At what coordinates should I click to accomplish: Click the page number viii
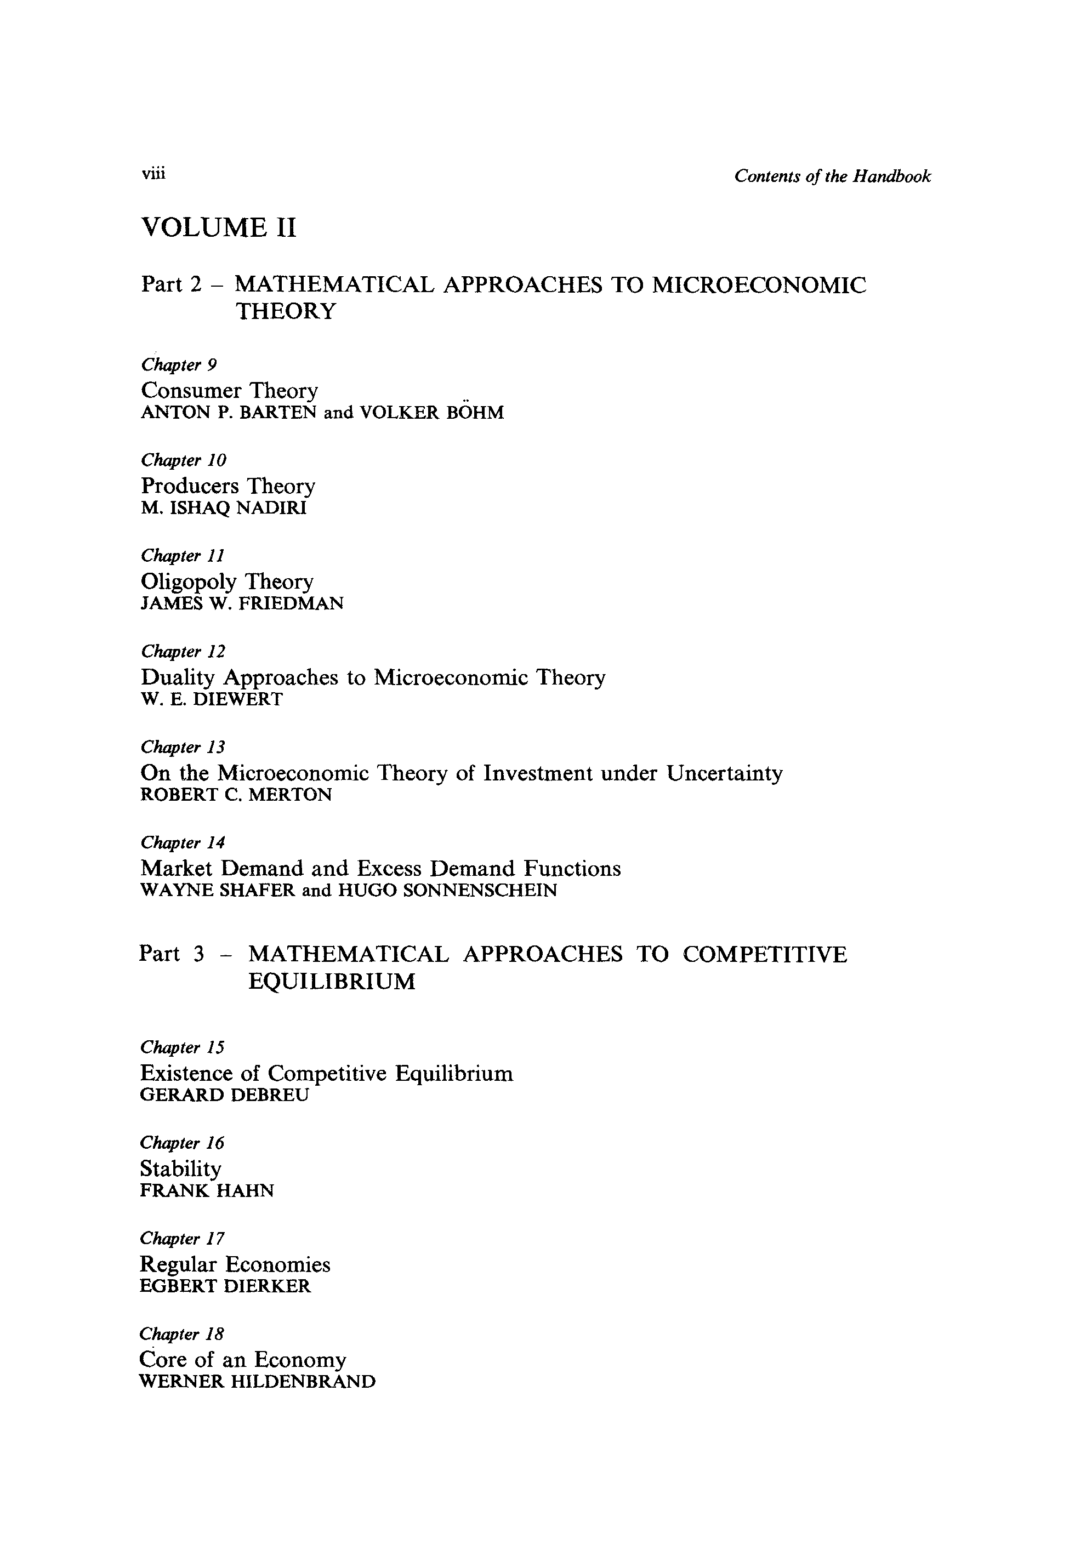pyautogui.click(x=153, y=174)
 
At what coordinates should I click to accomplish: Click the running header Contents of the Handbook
pyautogui.click(x=832, y=177)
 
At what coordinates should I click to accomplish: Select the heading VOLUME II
pyautogui.click(x=219, y=228)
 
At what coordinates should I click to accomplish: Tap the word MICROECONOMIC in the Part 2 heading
pyautogui.click(x=759, y=285)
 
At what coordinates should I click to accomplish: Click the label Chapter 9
pyautogui.click(x=179, y=365)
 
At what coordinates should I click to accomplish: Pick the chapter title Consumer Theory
pyautogui.click(x=229, y=390)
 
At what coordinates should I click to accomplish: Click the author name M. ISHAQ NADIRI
pyautogui.click(x=224, y=508)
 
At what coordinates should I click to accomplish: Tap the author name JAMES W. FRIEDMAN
pyautogui.click(x=242, y=603)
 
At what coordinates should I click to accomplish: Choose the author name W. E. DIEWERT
pyautogui.click(x=212, y=700)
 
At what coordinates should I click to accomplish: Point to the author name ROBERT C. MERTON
pyautogui.click(x=236, y=795)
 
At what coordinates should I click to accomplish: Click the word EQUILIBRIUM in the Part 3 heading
pyautogui.click(x=332, y=982)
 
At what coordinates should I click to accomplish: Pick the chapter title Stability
pyautogui.click(x=180, y=1169)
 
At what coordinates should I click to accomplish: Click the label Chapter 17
pyautogui.click(x=182, y=1239)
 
